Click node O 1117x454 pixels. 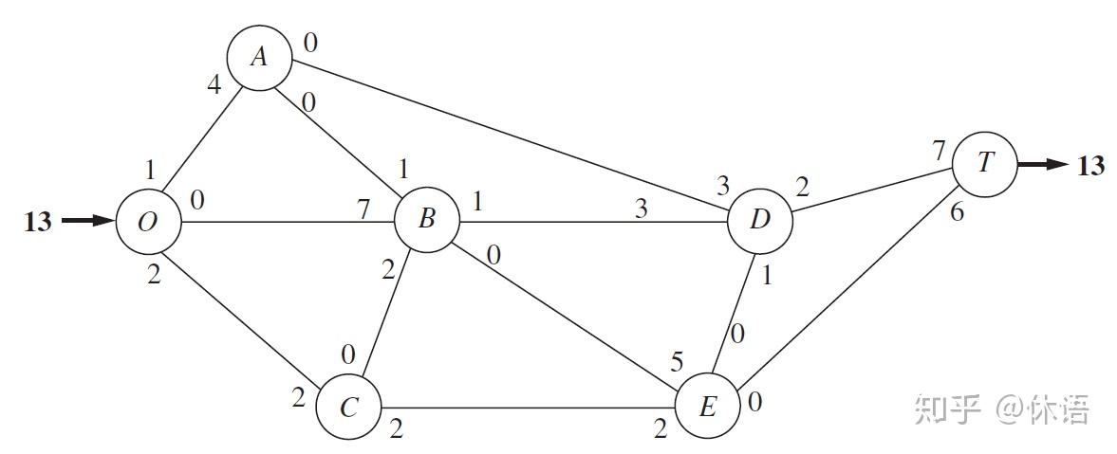click(148, 223)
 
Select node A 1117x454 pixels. click(258, 58)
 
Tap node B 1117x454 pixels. click(427, 222)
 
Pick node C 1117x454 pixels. click(348, 409)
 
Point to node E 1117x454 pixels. click(707, 409)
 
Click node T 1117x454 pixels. click(985, 163)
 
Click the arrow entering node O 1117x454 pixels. click(87, 222)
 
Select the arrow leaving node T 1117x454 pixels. click(1043, 164)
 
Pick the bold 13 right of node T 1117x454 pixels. click(1090, 166)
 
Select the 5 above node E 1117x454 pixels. click(676, 362)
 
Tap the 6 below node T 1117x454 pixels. click(957, 213)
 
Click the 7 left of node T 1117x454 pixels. click(939, 150)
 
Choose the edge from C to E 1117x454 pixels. click(527, 409)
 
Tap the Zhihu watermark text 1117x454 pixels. click(1001, 410)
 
